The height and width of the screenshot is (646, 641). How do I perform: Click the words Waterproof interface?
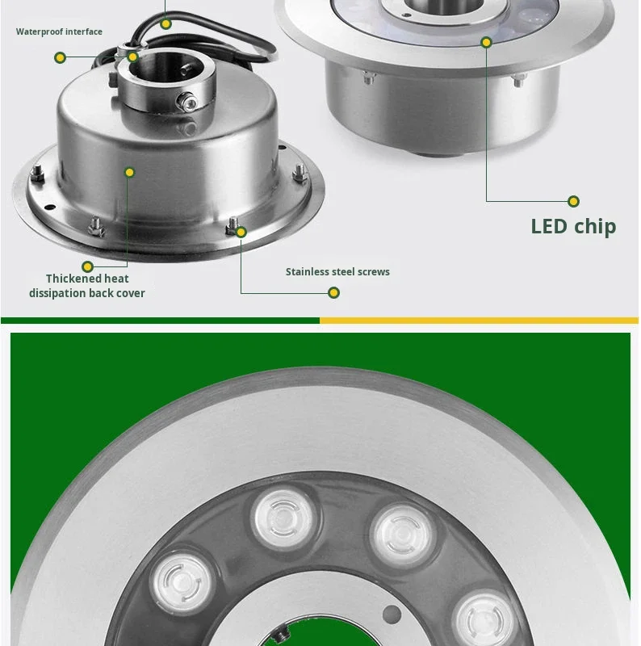(59, 31)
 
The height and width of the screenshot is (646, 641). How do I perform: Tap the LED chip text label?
(573, 227)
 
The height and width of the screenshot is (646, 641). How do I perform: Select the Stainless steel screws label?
(337, 272)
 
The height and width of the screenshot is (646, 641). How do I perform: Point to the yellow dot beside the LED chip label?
(573, 201)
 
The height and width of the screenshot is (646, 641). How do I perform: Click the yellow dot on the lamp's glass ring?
(487, 43)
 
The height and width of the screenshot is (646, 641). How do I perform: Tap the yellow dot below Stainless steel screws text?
(333, 293)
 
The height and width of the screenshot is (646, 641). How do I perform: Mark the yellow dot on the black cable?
(165, 24)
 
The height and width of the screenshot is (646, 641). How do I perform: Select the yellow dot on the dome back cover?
(130, 172)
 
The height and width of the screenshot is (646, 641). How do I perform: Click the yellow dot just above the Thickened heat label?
(87, 266)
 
